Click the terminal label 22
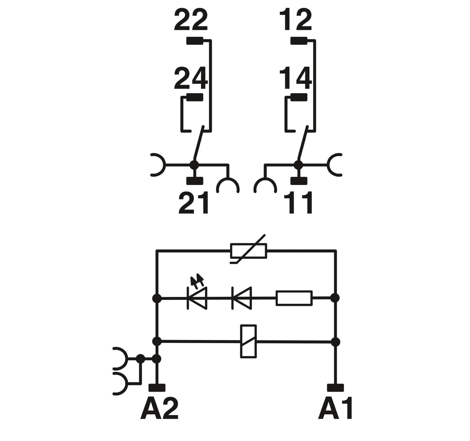click(191, 21)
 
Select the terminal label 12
click(295, 21)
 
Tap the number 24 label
click(191, 78)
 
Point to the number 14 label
click(295, 78)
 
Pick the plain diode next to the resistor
click(242, 298)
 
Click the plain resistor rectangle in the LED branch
click(294, 298)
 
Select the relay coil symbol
click(248, 341)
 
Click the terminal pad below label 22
click(195, 41)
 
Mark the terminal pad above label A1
click(335, 388)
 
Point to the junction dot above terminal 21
click(195, 164)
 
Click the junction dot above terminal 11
click(298, 164)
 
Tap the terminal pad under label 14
click(299, 98)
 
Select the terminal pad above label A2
click(157, 388)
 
